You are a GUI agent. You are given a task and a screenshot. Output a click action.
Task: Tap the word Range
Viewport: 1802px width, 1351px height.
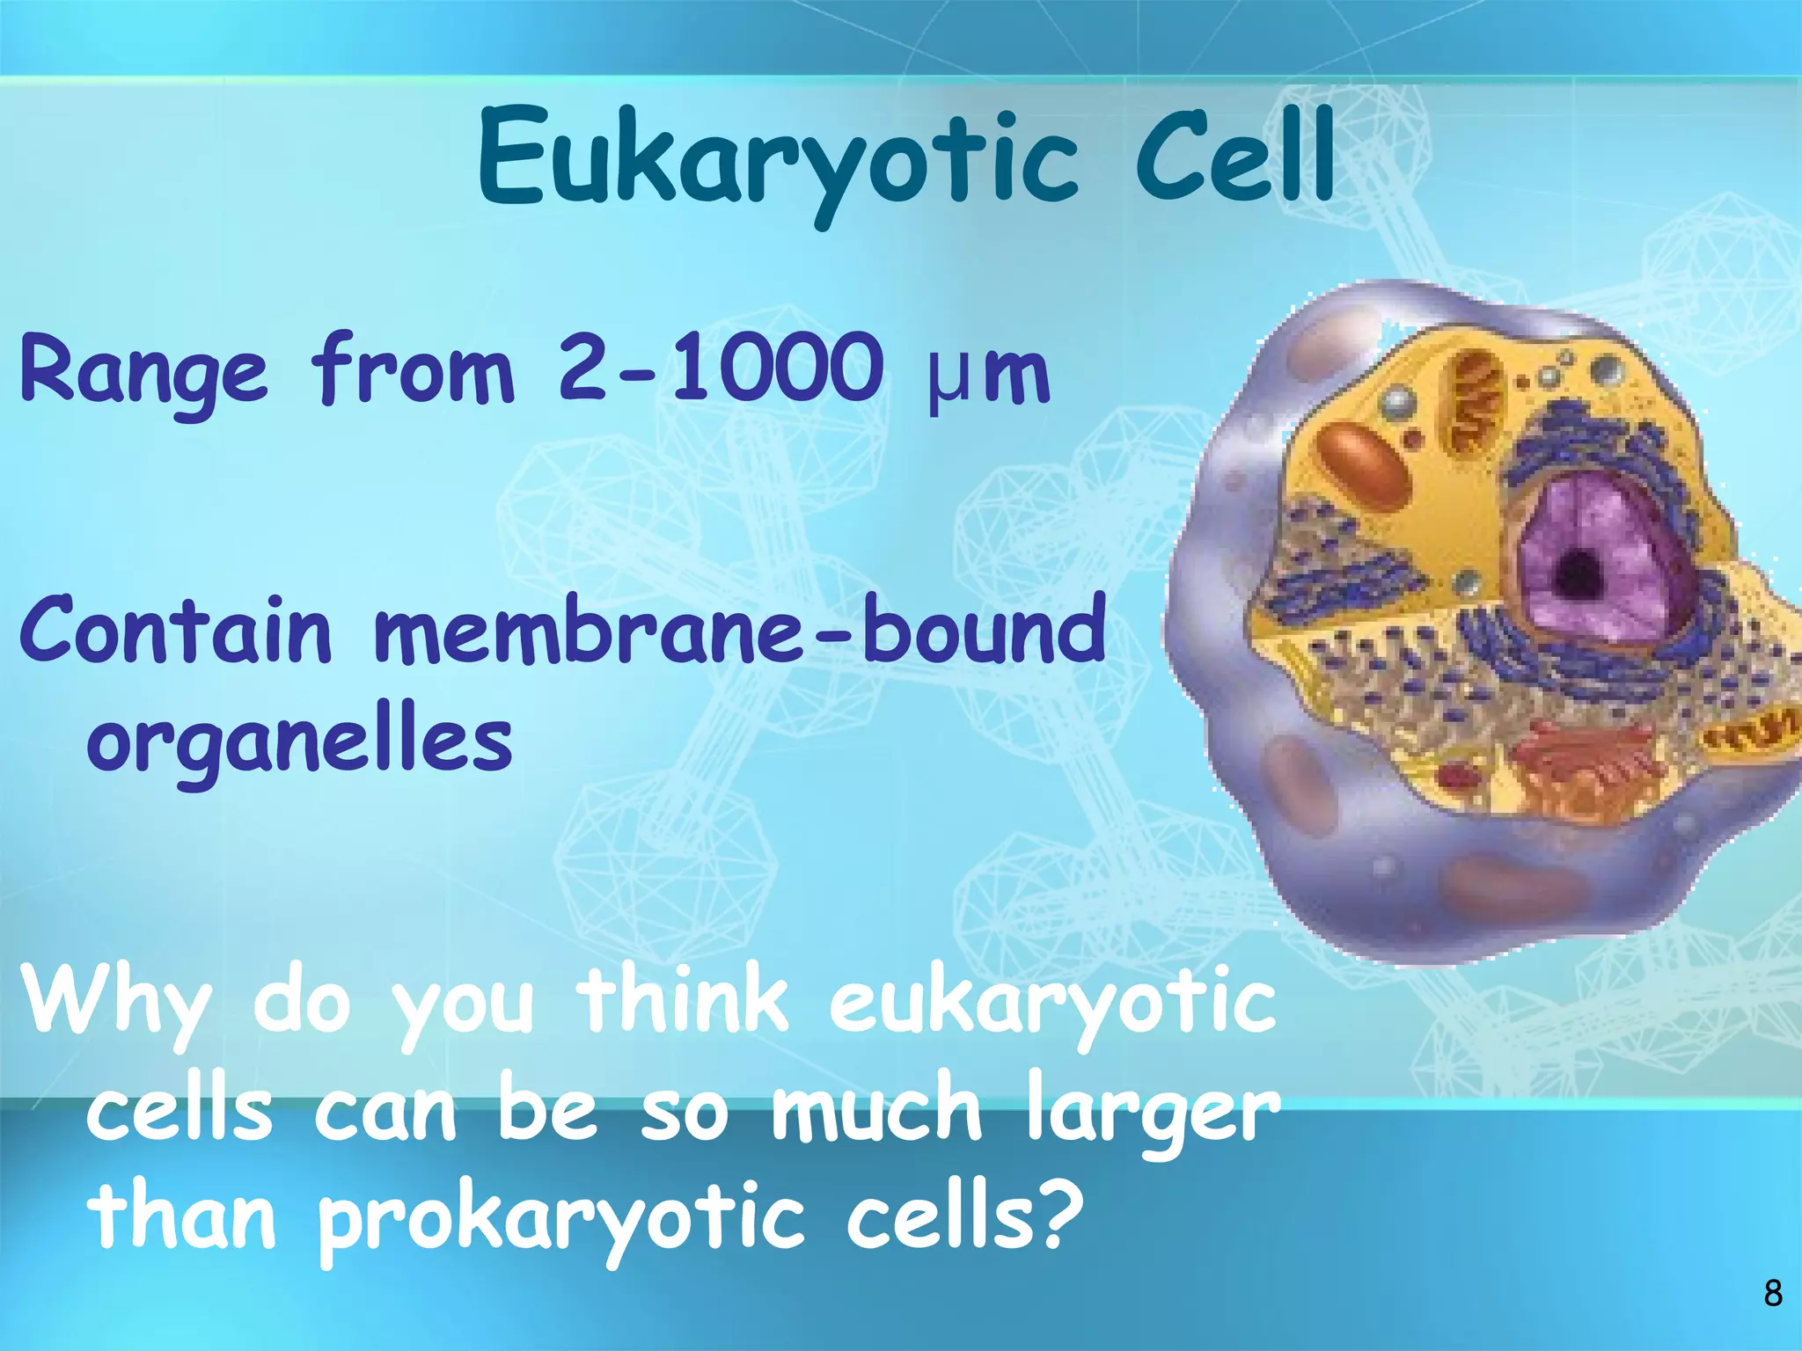point(143,372)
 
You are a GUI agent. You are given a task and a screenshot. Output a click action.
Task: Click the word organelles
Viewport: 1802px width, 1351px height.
point(299,741)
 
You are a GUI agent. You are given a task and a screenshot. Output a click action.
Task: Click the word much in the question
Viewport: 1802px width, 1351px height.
point(875,1110)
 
